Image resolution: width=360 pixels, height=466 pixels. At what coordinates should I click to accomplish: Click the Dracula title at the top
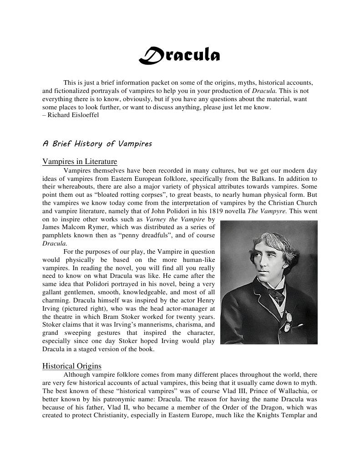click(179, 55)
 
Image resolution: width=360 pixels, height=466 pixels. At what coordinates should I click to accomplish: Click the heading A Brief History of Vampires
click(97, 143)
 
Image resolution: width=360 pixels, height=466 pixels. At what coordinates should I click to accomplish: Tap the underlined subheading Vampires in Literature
click(80, 162)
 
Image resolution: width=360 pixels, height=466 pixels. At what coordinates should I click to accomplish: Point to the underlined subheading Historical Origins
click(72, 366)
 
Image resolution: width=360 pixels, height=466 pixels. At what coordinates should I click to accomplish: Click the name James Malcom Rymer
click(71, 227)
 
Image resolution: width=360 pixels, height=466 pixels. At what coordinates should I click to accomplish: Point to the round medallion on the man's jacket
click(288, 327)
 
